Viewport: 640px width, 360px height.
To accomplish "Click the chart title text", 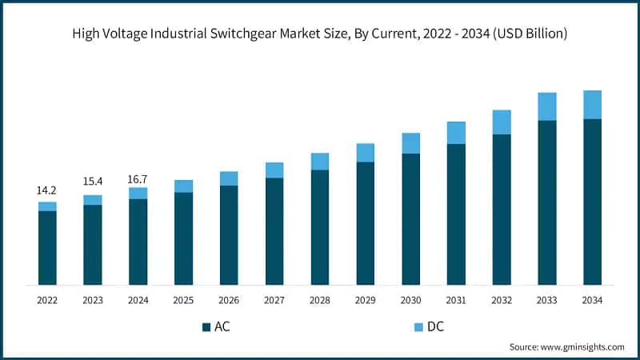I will pyautogui.click(x=320, y=34).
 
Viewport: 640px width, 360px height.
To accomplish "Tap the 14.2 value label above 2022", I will pyautogui.click(x=47, y=190).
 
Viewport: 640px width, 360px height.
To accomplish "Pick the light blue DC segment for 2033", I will pyautogui.click(x=546, y=106).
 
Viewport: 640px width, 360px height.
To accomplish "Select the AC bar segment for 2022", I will pyautogui.click(x=47, y=248).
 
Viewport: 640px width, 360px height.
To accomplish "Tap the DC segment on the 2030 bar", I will pyautogui.click(x=411, y=143).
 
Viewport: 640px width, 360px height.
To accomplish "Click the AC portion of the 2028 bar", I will pyautogui.click(x=320, y=227).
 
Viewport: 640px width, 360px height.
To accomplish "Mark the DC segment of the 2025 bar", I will pyautogui.click(x=184, y=186).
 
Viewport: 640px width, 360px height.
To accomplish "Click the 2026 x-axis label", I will pyautogui.click(x=229, y=300).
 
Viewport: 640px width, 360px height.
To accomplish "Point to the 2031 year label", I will pyautogui.click(x=456, y=300).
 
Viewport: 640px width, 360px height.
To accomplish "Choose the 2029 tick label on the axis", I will pyautogui.click(x=366, y=300).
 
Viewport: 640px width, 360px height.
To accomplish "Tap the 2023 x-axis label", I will pyautogui.click(x=93, y=300).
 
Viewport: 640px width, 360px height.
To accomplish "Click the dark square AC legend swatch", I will pyautogui.click(x=206, y=326).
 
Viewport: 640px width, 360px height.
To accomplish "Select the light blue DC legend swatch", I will pyautogui.click(x=418, y=326).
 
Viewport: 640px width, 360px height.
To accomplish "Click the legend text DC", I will pyautogui.click(x=437, y=326).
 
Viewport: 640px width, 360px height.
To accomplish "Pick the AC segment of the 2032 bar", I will pyautogui.click(x=502, y=210).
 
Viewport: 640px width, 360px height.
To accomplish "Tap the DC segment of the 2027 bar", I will pyautogui.click(x=274, y=170).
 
